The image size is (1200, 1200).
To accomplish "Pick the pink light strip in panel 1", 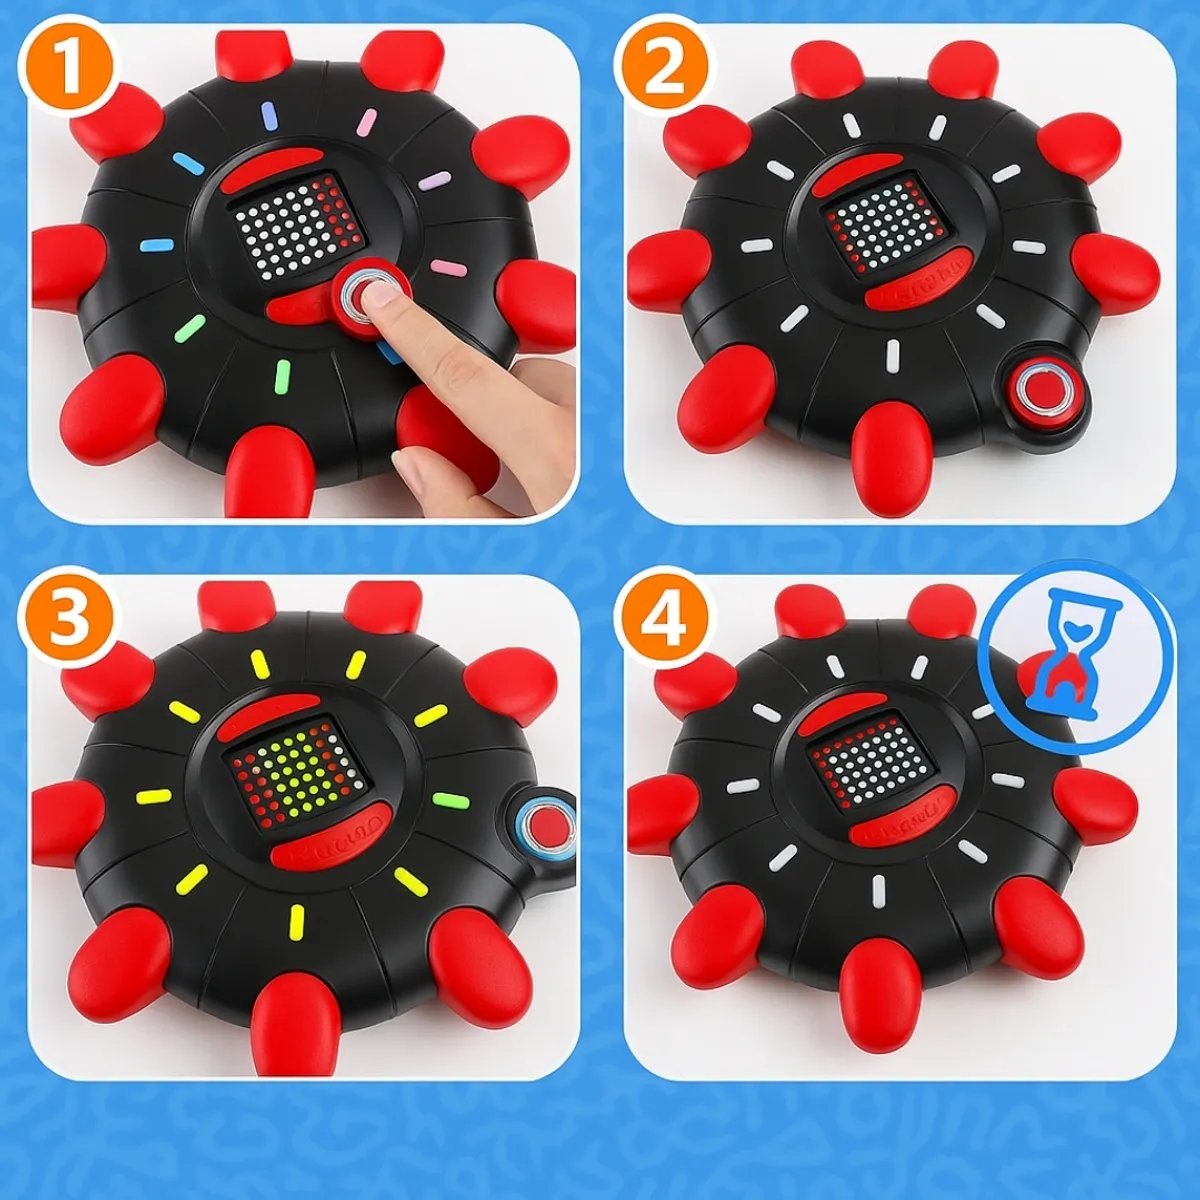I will point(366,123).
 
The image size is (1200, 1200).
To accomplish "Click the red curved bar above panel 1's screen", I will point(270,169).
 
